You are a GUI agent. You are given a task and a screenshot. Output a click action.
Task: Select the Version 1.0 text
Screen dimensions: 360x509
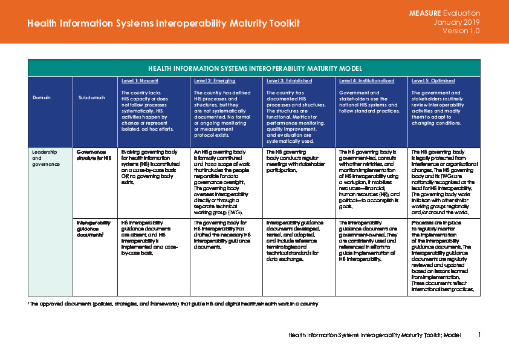click(461, 31)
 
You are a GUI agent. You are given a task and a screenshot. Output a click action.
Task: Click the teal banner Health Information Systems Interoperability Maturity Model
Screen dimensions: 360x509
click(254, 68)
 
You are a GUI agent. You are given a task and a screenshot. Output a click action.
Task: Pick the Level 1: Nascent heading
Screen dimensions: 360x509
click(140, 80)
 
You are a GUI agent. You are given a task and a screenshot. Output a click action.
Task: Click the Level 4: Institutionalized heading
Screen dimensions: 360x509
click(366, 80)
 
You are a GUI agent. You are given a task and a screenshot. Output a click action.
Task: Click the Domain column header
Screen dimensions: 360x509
click(42, 97)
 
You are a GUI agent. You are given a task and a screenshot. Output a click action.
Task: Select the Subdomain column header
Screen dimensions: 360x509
click(91, 97)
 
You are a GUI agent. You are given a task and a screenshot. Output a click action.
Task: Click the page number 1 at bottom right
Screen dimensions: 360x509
click(479, 335)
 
